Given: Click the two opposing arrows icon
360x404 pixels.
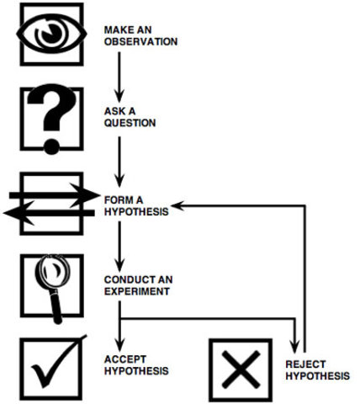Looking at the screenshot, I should coord(50,205).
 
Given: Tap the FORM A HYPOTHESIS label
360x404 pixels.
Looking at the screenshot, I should coord(135,205).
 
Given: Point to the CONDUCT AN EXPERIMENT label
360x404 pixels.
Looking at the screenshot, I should coord(137,284).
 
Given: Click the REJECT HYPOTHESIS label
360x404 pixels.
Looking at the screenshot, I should coord(317,369).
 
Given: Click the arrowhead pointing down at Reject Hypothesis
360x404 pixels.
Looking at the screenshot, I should coord(294,348).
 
